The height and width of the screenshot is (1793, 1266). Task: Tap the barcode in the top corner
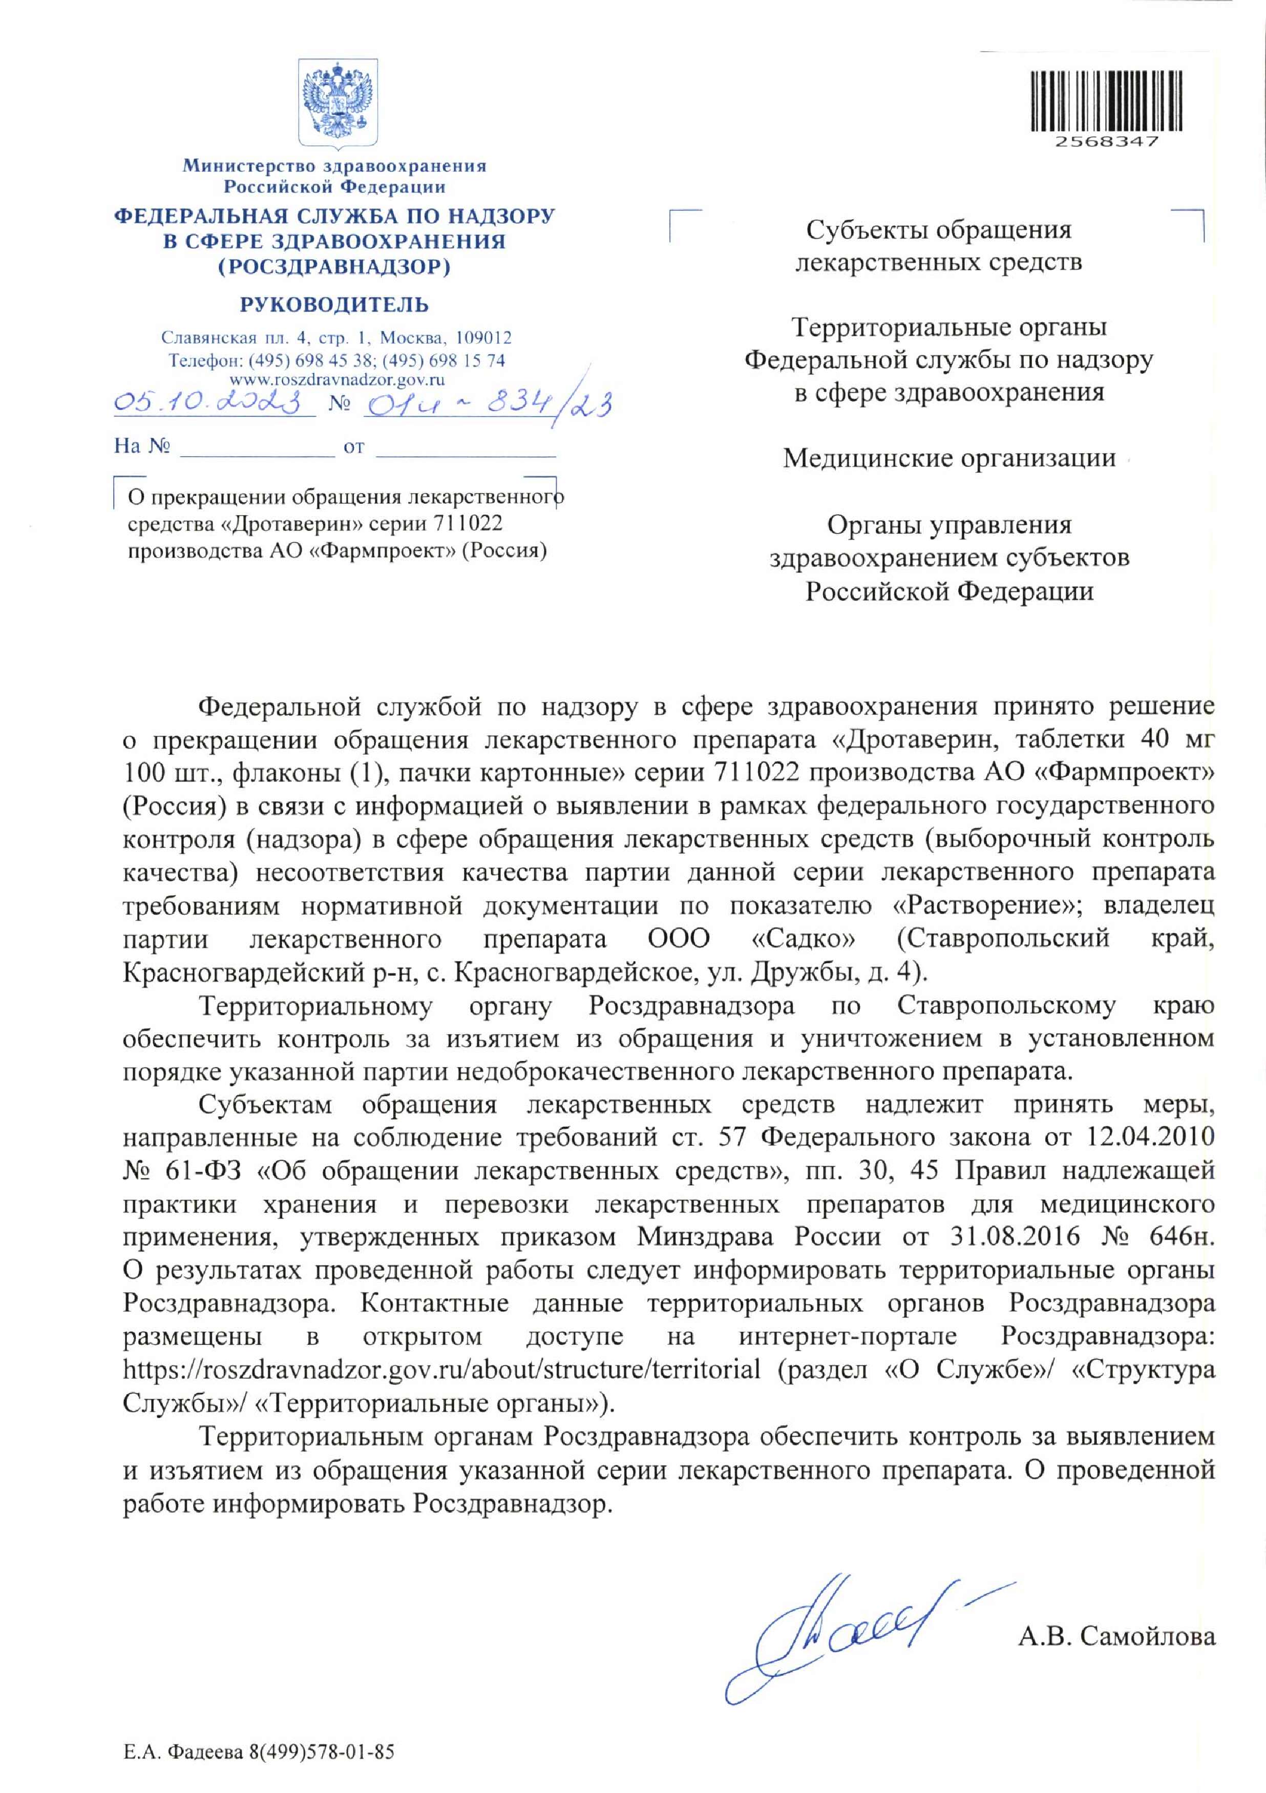tap(1106, 100)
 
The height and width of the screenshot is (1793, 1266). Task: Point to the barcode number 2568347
tap(1106, 141)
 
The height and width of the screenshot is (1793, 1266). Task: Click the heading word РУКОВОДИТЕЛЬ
tap(334, 305)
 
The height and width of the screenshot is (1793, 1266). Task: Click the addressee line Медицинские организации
tap(949, 458)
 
